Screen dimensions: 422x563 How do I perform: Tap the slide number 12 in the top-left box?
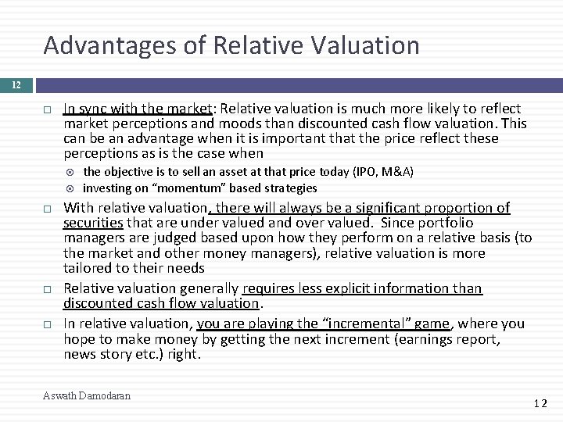[16, 83]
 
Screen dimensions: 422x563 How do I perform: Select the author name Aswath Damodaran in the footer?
[86, 396]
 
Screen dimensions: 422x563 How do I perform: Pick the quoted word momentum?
[175, 188]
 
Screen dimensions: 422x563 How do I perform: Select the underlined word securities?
[93, 223]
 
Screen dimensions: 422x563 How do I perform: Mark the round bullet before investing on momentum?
[71, 188]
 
